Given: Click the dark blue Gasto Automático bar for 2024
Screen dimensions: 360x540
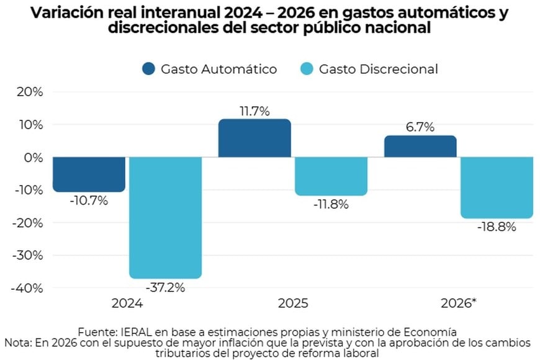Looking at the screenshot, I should click(x=89, y=174).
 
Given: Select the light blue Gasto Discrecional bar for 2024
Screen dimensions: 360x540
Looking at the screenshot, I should click(x=165, y=217).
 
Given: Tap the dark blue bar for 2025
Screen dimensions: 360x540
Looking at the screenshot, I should click(x=254, y=138).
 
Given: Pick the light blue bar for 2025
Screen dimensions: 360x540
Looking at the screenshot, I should click(x=331, y=176).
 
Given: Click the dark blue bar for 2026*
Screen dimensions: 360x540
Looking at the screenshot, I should click(x=420, y=146).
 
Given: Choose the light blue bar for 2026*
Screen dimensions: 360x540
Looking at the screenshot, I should click(x=497, y=187).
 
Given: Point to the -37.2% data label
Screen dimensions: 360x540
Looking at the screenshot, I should click(x=165, y=288).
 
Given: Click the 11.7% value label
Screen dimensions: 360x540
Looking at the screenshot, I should click(x=254, y=112).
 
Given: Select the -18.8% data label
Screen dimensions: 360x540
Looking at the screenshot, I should click(x=497, y=227).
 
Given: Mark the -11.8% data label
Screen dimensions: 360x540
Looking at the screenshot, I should click(x=331, y=204).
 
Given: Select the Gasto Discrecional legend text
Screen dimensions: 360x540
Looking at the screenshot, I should click(x=378, y=69).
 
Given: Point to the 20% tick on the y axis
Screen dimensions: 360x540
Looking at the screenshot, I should click(x=29, y=92).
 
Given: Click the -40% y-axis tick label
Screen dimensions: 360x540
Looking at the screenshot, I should click(x=27, y=288).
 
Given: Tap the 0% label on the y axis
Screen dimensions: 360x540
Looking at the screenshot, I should click(x=32, y=158).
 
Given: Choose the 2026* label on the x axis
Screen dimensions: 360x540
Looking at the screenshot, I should click(x=459, y=304).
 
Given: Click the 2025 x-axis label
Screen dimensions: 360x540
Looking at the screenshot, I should click(x=293, y=304).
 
